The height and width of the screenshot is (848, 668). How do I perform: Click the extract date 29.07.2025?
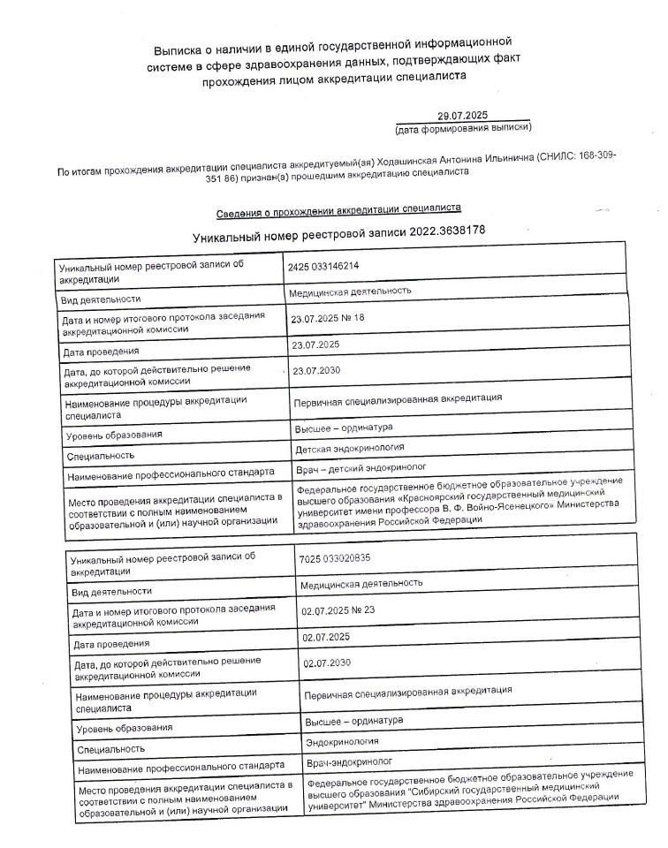point(462,115)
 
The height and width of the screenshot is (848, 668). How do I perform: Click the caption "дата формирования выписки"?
point(463,128)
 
